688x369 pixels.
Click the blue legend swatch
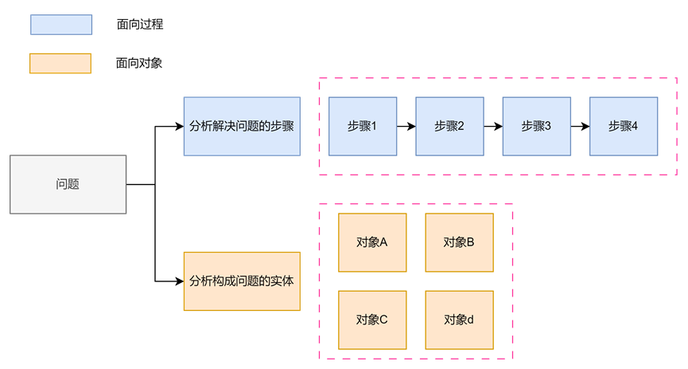pos(61,25)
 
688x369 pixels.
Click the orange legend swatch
pos(60,63)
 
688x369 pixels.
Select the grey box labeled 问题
pos(68,184)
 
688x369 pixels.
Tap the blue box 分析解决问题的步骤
pos(242,126)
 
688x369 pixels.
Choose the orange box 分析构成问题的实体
pos(242,281)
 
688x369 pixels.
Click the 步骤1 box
pos(362,126)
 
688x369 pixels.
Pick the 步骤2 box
pos(449,126)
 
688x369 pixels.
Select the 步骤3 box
pos(536,126)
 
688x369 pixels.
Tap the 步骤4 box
pos(624,126)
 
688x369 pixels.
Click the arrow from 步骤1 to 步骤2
pos(406,126)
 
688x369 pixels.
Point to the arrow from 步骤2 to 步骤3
pos(493,126)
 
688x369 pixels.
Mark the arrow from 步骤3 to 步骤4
pos(580,126)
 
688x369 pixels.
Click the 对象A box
pos(372,242)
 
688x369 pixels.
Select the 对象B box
pos(459,242)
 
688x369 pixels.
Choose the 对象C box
pos(372,320)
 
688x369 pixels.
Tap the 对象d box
pos(459,320)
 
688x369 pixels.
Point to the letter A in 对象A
pos(383,242)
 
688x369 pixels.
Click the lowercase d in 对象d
pos(471,320)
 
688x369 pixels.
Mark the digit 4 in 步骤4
pos(635,126)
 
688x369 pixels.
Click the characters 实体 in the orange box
pos(283,281)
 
